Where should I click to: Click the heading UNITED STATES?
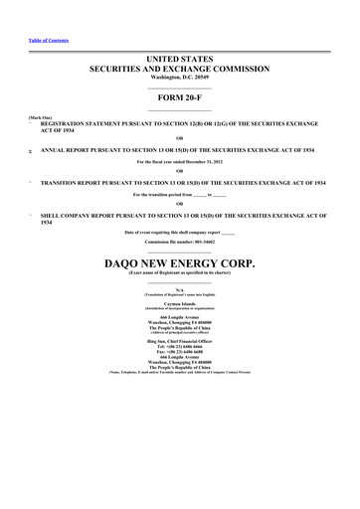pos(180,61)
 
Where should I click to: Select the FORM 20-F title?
pos(180,99)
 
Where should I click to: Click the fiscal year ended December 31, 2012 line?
pos(180,161)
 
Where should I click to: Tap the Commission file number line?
pos(180,242)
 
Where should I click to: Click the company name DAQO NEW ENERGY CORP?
pos(180,264)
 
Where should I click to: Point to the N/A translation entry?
pos(180,289)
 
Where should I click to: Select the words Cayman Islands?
pos(180,307)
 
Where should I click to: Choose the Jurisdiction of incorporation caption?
pos(180,312)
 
